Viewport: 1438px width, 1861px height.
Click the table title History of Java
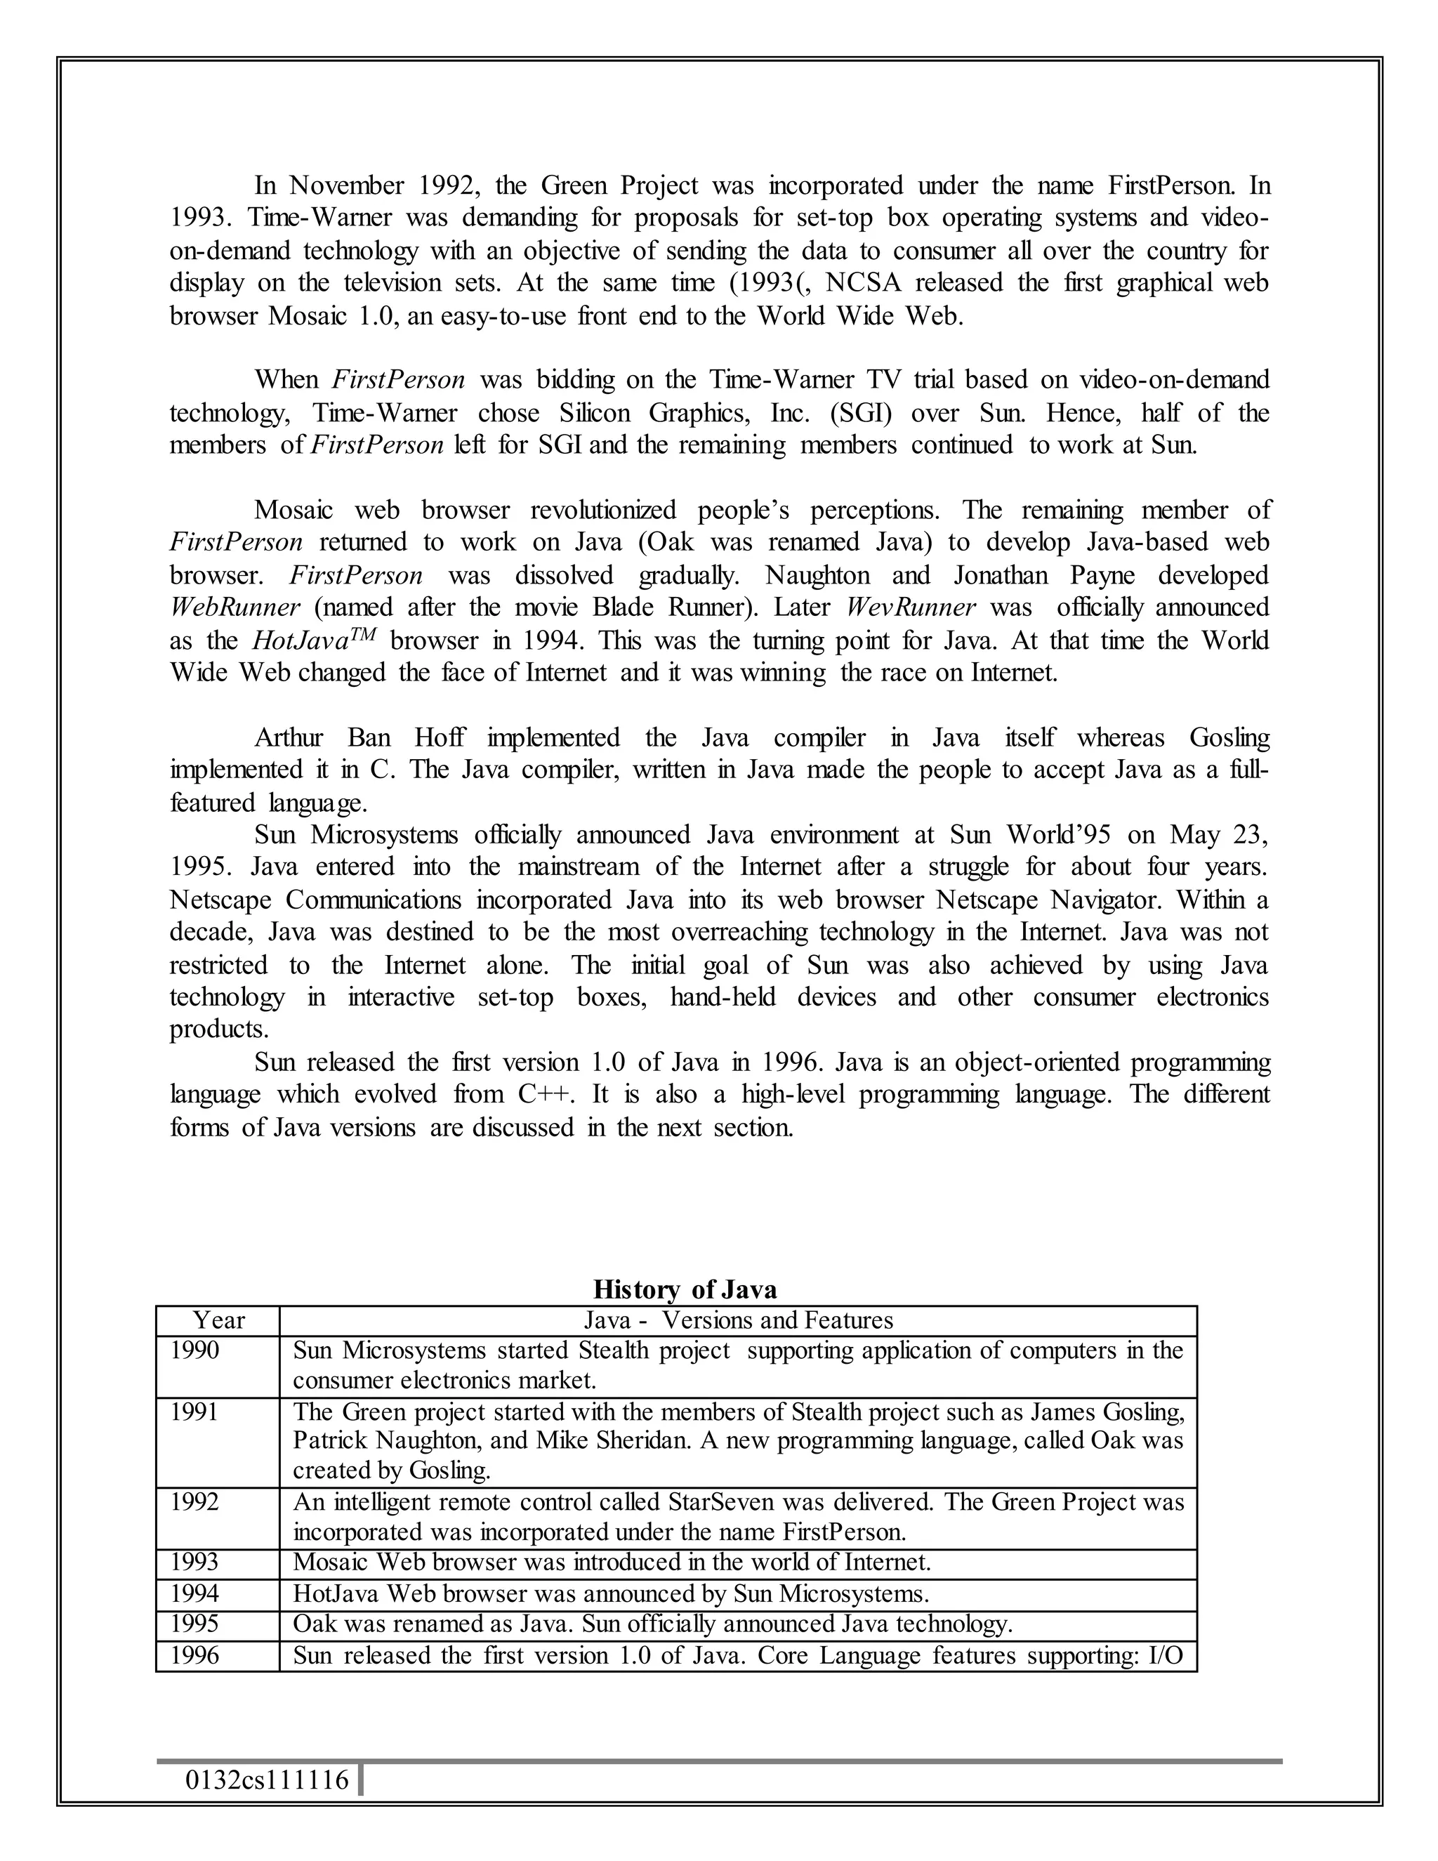click(x=684, y=1289)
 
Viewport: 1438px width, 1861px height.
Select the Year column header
click(x=218, y=1320)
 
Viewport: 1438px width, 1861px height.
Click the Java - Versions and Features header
click(x=738, y=1320)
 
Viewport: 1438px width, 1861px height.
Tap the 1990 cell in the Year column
click(x=195, y=1350)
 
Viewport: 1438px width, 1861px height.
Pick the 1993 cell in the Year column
click(x=195, y=1562)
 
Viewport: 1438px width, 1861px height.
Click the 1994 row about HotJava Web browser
click(x=610, y=1593)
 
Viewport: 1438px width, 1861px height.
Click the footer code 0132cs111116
click(x=267, y=1780)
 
